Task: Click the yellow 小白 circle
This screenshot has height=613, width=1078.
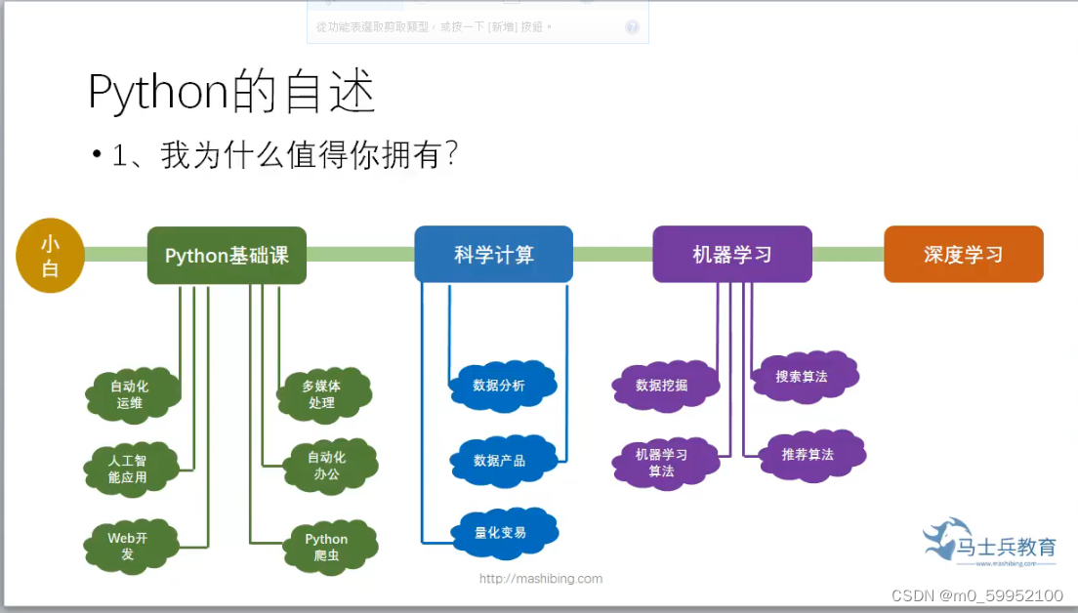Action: tap(50, 256)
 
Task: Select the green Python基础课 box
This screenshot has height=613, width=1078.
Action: tap(227, 256)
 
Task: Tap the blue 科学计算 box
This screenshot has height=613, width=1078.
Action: tap(494, 255)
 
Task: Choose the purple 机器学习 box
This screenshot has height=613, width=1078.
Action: tap(732, 255)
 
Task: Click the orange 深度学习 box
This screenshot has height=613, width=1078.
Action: tap(963, 255)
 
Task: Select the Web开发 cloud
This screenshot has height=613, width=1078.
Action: tap(128, 546)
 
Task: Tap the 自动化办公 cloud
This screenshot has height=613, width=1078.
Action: tap(326, 465)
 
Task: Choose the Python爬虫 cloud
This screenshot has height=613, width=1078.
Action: tap(326, 547)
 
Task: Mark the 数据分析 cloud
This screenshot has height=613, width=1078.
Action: tap(499, 386)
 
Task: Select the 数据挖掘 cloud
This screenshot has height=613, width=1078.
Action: tap(662, 386)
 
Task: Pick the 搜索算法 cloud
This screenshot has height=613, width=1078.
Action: tap(802, 376)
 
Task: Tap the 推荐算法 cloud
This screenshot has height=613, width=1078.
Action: tap(808, 455)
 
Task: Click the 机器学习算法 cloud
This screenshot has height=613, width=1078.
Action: tap(661, 463)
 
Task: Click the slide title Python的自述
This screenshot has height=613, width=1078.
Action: tap(231, 94)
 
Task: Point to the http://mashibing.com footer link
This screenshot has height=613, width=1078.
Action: tap(540, 578)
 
